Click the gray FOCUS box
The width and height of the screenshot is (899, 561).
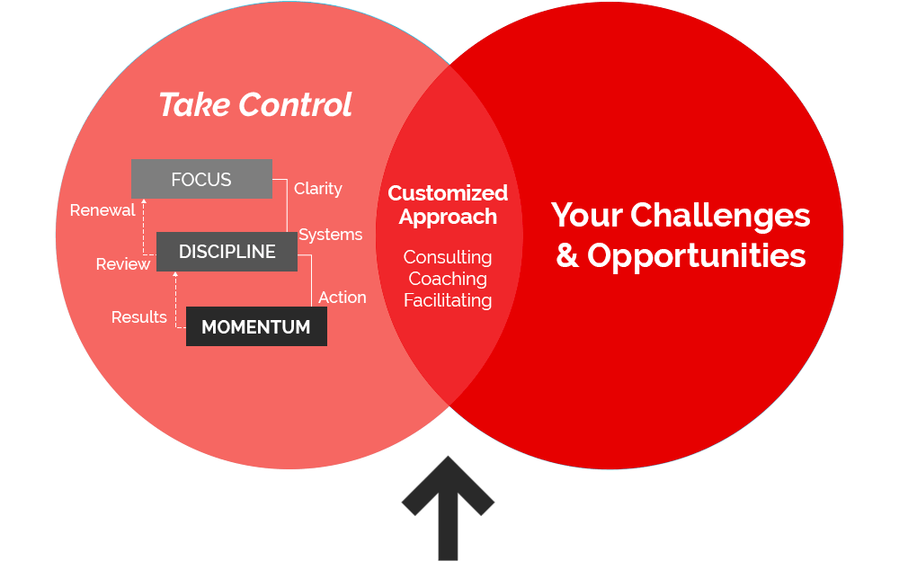pos(201,179)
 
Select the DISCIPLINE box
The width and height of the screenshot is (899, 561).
pos(227,251)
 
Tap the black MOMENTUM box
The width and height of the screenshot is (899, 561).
pos(256,326)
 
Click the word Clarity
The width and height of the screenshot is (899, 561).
pos(318,189)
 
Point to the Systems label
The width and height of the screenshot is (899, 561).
pos(330,235)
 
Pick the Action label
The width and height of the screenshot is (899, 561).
pos(343,298)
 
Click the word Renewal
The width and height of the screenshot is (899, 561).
pos(102,210)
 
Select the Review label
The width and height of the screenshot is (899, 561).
pos(122,263)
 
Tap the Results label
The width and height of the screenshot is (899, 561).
pos(138,316)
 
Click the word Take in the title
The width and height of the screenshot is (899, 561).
pos(194,104)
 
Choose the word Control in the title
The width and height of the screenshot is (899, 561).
pos(295,104)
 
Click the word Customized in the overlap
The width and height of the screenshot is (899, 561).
pos(448,192)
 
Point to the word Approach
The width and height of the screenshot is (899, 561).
pos(448,217)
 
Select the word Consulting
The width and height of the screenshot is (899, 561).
pos(448,257)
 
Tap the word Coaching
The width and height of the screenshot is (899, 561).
pos(448,279)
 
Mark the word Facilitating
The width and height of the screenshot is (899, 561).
pos(448,300)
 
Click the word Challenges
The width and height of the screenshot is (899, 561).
pos(720,216)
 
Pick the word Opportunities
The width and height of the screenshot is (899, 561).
pos(697,256)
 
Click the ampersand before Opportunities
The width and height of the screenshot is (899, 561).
pos(567,255)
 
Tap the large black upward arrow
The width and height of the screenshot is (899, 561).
pos(448,508)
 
